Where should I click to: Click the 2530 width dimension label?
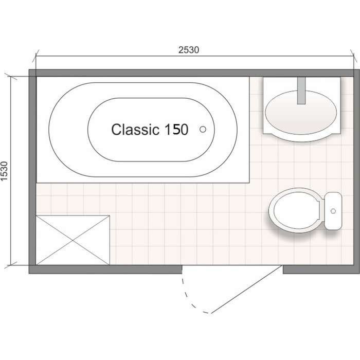189,50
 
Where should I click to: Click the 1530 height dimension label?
4,171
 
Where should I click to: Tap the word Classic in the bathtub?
135,129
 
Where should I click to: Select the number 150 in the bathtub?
176,129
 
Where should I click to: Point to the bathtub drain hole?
203,129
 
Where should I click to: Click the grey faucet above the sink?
301,91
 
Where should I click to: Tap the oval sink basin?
301,113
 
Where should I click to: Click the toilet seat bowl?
297,210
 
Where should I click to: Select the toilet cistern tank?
333,211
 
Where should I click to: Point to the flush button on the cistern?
333,211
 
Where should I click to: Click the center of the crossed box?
73,240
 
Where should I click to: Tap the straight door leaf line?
246,289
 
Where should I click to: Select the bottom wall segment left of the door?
105,269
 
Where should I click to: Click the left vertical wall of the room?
32,171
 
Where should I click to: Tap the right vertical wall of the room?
357,171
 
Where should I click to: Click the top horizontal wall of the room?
194,73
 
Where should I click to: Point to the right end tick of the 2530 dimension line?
354,56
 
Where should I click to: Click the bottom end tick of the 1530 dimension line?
11,265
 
